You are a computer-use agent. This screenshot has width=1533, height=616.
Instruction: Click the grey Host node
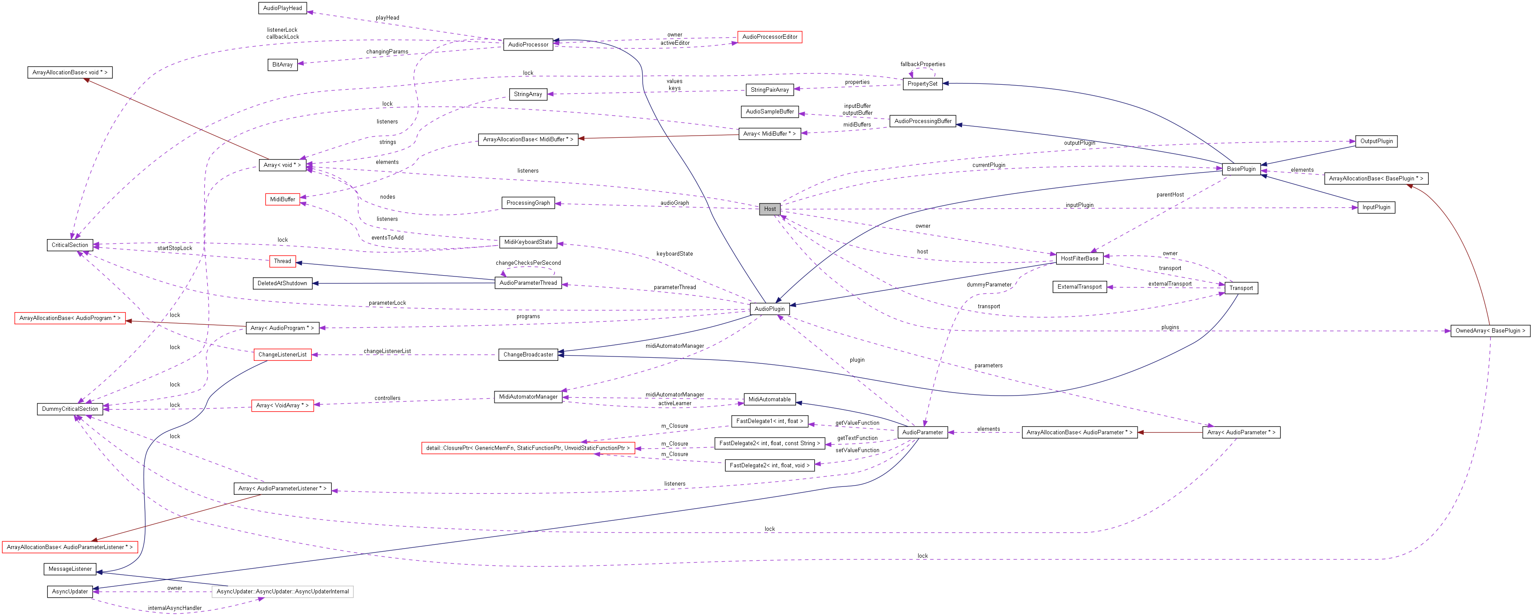pyautogui.click(x=770, y=209)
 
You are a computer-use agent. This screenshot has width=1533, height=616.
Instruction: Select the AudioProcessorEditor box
pyautogui.click(x=770, y=37)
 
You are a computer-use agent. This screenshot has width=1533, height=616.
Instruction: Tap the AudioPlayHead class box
pyautogui.click(x=283, y=8)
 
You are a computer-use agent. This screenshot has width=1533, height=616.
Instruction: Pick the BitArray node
pyautogui.click(x=283, y=64)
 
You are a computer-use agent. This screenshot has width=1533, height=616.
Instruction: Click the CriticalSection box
pyautogui.click(x=70, y=245)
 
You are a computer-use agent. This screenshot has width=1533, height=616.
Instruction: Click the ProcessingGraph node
pyautogui.click(x=528, y=203)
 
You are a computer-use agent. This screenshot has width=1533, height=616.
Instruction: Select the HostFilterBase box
pyautogui.click(x=1079, y=258)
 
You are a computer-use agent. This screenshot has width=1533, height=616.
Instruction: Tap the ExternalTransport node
pyautogui.click(x=1079, y=287)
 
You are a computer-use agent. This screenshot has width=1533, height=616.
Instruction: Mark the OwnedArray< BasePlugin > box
pyautogui.click(x=1490, y=330)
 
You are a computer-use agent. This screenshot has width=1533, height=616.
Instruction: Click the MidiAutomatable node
pyautogui.click(x=770, y=400)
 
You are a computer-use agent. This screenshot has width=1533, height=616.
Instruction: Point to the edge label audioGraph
pyautogui.click(x=675, y=203)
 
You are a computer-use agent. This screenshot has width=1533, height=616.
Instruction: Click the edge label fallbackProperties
pyautogui.click(x=922, y=64)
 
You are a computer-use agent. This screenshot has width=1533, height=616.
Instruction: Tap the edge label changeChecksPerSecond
pyautogui.click(x=528, y=263)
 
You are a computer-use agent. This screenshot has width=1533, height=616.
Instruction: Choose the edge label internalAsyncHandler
pyautogui.click(x=174, y=608)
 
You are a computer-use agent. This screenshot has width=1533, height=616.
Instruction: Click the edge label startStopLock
pyautogui.click(x=174, y=248)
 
